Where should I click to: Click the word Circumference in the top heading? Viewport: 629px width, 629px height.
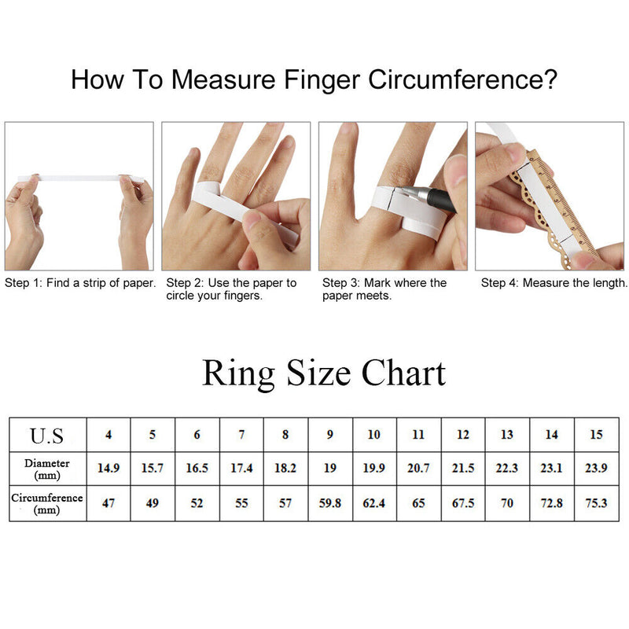(x=462, y=79)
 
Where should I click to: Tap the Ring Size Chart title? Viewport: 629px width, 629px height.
(x=324, y=373)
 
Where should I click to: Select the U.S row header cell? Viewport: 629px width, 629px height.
(x=47, y=436)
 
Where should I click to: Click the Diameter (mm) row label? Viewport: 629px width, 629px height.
(x=47, y=469)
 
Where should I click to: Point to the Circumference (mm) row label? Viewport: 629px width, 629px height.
(x=47, y=503)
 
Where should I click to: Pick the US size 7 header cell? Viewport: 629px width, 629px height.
(x=241, y=435)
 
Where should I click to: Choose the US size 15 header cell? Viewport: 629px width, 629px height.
(x=596, y=435)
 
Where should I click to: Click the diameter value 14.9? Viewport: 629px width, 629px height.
(x=109, y=468)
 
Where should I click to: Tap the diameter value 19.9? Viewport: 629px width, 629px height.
(x=374, y=468)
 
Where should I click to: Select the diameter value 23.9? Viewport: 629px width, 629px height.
(x=596, y=468)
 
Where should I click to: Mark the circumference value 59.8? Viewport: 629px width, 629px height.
(x=329, y=503)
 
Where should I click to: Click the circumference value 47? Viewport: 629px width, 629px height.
(x=109, y=503)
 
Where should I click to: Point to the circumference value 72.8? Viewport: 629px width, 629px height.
(x=552, y=503)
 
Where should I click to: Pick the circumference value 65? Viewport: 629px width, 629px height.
(x=418, y=503)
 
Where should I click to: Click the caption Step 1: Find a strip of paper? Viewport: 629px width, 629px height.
(x=80, y=283)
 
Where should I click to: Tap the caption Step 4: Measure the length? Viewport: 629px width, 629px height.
(x=554, y=283)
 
